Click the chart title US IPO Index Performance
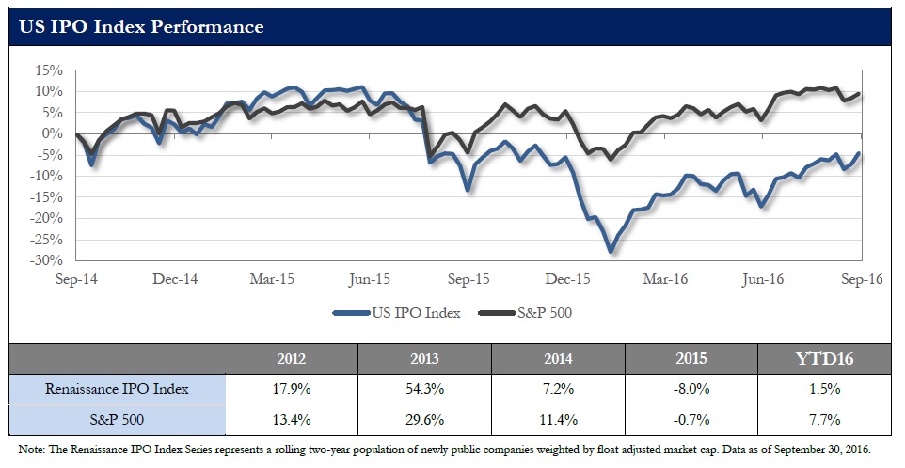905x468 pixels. point(141,26)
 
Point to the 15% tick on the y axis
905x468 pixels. point(49,70)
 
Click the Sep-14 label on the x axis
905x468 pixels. point(77,279)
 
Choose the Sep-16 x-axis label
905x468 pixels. point(861,279)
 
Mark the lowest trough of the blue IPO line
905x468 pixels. point(611,251)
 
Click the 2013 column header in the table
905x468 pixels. point(424,357)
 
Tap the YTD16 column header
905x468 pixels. point(825,357)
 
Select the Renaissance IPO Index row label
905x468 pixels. point(118,388)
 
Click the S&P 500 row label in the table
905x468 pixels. point(118,419)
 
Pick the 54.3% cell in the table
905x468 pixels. point(424,388)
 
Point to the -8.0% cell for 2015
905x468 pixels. point(691,388)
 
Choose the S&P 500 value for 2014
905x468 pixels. point(558,419)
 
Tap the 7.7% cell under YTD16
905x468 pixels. point(825,419)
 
